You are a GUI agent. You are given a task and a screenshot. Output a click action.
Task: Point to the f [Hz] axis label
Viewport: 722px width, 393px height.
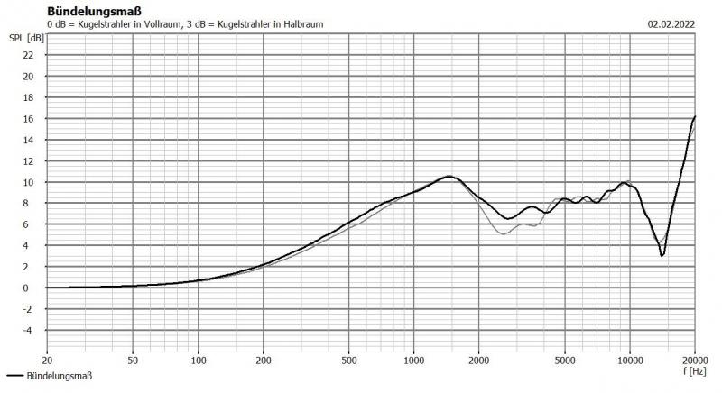(693, 370)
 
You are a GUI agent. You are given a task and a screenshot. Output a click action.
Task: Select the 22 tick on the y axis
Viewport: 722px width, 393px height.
(28, 55)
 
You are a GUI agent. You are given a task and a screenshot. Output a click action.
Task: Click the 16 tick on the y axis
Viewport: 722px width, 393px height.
(28, 118)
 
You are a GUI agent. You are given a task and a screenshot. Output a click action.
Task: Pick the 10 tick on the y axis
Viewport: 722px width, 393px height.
(28, 182)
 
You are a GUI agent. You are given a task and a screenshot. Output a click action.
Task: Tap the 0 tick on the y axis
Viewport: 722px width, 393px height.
(31, 288)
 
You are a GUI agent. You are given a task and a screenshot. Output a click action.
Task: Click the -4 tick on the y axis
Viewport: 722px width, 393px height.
(28, 330)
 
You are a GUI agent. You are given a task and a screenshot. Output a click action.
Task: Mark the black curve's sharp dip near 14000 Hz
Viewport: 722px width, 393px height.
(662, 256)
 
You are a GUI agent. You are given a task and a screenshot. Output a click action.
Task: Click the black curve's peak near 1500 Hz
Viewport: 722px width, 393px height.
(449, 177)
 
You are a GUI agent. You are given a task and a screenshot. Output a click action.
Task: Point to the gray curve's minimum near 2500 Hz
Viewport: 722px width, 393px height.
(503, 234)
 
